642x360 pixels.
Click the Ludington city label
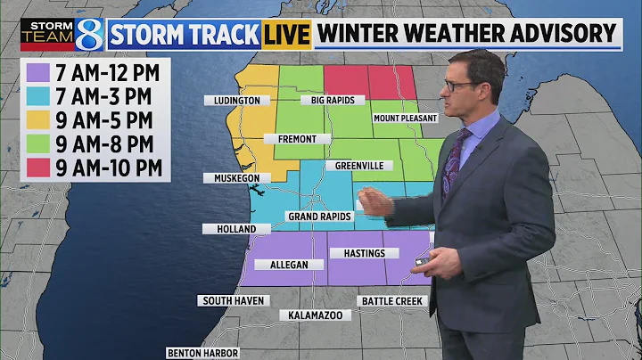(236, 101)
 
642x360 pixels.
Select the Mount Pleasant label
(406, 119)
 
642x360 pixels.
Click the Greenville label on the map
(359, 166)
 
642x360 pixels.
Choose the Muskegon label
(236, 178)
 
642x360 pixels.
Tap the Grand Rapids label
(318, 217)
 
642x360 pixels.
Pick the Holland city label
(236, 229)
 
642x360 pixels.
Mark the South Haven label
(232, 301)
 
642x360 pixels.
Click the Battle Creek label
(393, 301)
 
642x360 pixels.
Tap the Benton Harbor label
(203, 353)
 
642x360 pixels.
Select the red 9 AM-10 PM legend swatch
(37, 166)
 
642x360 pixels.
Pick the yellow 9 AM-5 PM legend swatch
(37, 119)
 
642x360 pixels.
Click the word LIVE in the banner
(286, 34)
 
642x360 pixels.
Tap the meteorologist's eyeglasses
(460, 86)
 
